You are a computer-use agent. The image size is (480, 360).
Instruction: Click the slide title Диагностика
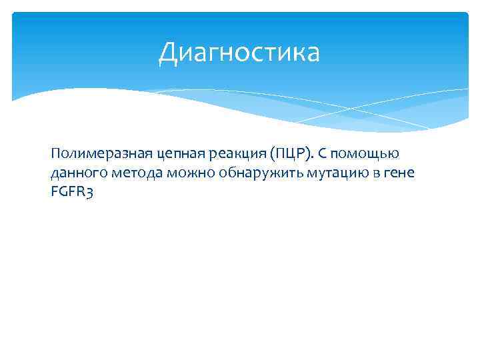239,53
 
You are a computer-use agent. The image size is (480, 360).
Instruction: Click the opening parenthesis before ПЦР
264,155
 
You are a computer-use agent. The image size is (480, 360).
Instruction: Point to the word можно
189,175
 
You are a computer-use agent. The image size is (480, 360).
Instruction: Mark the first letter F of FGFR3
53,195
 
